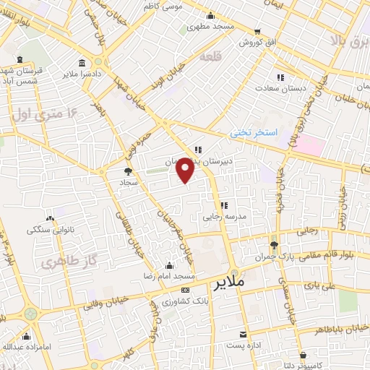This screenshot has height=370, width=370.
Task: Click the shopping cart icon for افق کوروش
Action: click(x=257, y=32)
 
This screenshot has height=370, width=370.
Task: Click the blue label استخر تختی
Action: click(x=249, y=133)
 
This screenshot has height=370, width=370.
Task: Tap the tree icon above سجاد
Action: click(x=128, y=171)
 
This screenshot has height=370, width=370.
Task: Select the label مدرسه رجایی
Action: click(x=228, y=216)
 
